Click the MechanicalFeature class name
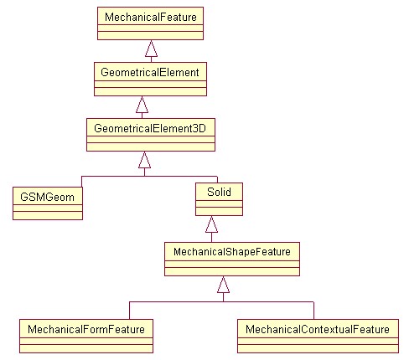pos(151,18)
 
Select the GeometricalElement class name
pos(150,72)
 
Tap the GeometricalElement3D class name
pos(150,128)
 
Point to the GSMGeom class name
pos(48,197)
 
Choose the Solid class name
pos(219,192)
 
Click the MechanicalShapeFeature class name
pos(232,252)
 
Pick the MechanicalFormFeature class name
pos(86,329)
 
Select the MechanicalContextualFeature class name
pos(318,329)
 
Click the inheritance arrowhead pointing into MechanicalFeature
pos(151,49)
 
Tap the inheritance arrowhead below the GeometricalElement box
pos(142,105)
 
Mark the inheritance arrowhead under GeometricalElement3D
pos(144,160)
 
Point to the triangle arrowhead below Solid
pos(211,224)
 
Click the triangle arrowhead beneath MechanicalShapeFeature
pos(223,285)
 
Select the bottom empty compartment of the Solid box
pos(219,211)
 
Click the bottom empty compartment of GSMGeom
pos(48,215)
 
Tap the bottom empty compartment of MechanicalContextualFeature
pos(318,348)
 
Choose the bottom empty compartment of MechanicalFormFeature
pos(86,348)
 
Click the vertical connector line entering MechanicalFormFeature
pos(129,311)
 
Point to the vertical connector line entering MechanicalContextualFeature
pos(313,311)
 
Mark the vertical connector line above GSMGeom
pos(81,182)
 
